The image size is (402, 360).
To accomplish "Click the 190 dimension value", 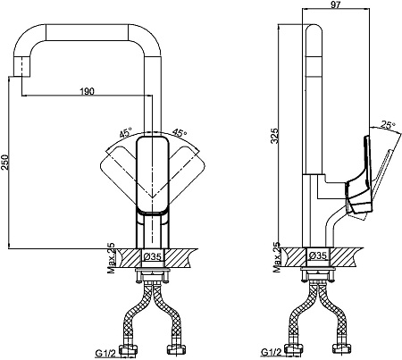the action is [x=88, y=91].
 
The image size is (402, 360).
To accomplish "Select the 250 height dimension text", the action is [x=5, y=162].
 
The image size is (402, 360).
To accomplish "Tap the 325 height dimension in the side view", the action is [x=275, y=136].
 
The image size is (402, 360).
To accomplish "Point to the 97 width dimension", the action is [x=335, y=4].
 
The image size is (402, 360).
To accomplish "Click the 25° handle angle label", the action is [x=388, y=125].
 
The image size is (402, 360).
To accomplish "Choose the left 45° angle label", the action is [x=126, y=133].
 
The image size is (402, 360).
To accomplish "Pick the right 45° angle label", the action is [x=180, y=133].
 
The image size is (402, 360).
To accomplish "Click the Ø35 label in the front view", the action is [x=153, y=256].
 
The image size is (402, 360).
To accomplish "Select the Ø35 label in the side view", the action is [x=318, y=255].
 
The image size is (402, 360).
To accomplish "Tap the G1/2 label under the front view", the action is [x=105, y=353].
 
